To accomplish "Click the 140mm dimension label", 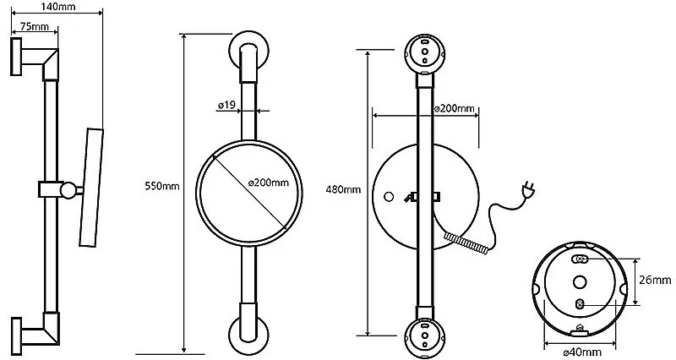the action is click(58, 6).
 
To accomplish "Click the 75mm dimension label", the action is click(35, 26).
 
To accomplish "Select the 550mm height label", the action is click(162, 186).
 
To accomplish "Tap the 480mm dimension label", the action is click(344, 189).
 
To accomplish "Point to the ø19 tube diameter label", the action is click(226, 105).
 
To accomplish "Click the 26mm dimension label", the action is click(655, 281).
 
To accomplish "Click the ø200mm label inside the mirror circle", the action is click(269, 183).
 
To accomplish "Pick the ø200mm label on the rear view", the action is click(454, 109).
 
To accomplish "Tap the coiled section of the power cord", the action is click(466, 243).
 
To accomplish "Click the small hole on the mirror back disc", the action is click(389, 197).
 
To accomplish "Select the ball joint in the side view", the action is click(68, 189).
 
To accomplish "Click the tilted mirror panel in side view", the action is click(91, 187).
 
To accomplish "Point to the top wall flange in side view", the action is click(16, 57).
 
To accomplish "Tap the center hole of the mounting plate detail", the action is click(580, 282).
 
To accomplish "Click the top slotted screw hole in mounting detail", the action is click(580, 259).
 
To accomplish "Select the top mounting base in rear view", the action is click(425, 53).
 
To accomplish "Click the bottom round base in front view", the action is click(248, 335).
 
